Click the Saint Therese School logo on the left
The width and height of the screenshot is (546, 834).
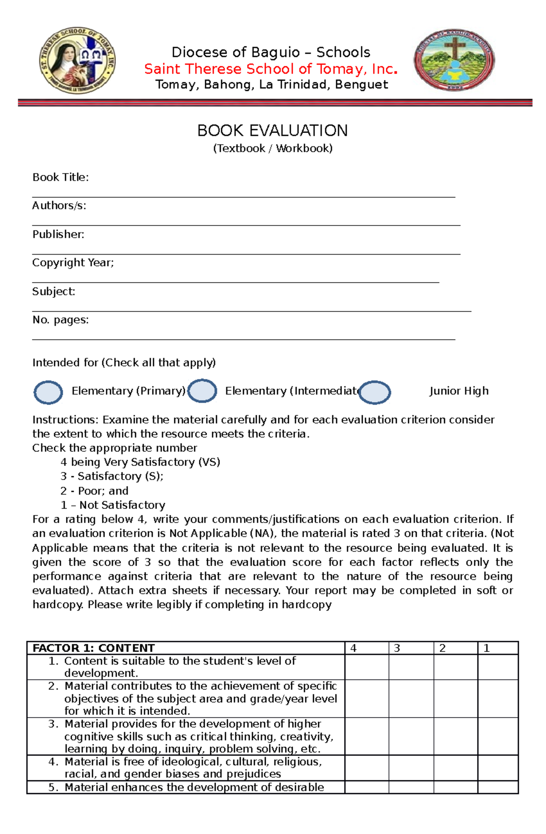coord(77,60)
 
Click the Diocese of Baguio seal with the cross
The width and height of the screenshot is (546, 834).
coord(454,60)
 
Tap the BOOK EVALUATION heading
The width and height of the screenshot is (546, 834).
coord(272,131)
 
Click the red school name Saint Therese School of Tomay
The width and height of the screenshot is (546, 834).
coord(271,69)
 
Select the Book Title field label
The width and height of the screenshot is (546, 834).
coord(61,177)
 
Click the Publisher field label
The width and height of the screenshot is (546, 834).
coord(58,235)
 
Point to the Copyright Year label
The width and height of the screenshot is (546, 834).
coord(73,263)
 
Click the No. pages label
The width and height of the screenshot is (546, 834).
coord(61,320)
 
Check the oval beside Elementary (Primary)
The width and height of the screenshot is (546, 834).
coord(48,392)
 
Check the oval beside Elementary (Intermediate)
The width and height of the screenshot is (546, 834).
coord(202,391)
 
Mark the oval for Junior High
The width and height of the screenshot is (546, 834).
coord(374,392)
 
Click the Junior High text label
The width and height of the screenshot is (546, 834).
coord(459,391)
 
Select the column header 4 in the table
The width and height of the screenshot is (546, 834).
coord(354,648)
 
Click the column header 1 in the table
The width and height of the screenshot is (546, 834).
coord(486,648)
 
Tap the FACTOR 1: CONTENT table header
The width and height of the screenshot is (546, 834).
coord(94,648)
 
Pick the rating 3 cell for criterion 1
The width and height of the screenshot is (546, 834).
coord(411,667)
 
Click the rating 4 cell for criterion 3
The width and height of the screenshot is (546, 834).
coord(367,736)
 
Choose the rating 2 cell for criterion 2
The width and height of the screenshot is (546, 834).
coord(455,698)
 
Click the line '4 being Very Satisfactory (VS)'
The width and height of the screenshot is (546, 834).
coord(140,462)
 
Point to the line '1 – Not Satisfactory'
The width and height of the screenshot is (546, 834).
coord(113,505)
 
